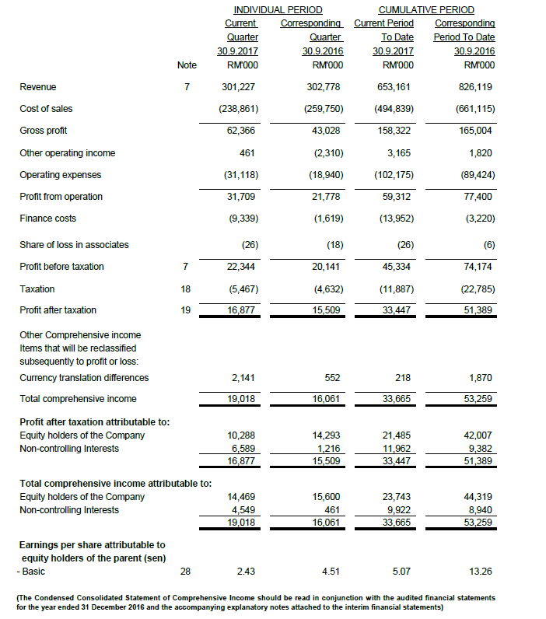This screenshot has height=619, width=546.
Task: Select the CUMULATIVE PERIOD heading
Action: pos(425,10)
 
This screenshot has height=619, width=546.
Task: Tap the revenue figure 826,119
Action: pos(476,87)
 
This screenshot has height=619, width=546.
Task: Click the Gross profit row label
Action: pos(44,131)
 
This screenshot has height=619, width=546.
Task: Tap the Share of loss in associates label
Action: pos(74,245)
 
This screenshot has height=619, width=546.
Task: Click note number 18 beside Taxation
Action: pos(185,289)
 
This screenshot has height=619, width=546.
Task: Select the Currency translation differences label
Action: pos(84,378)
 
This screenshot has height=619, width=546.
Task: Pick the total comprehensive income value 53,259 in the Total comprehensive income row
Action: pos(478,399)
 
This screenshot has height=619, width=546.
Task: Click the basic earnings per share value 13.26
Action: pos(481,572)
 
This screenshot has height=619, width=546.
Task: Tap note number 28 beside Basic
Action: pos(185,572)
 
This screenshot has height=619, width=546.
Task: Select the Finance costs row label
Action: pos(47,219)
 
